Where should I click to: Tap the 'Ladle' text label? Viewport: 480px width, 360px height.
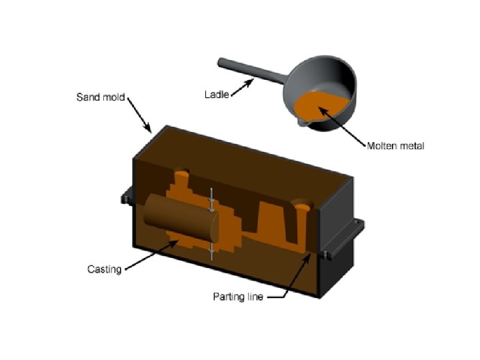[216, 95]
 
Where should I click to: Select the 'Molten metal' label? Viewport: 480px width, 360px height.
[395, 145]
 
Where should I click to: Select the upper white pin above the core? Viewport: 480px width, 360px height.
[212, 197]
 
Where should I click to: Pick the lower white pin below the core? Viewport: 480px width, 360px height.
[212, 251]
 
